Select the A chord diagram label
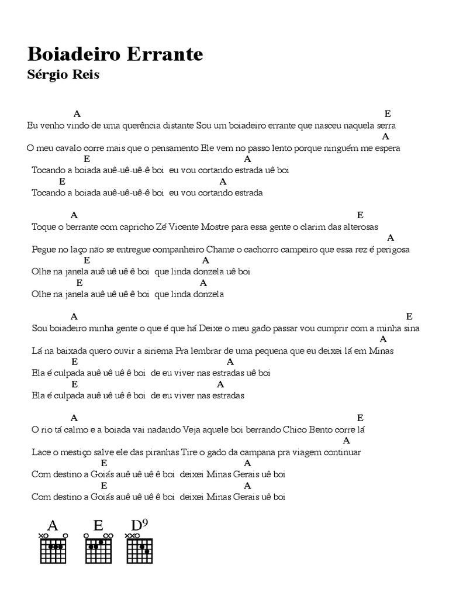(x=53, y=525)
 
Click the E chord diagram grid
(x=99, y=549)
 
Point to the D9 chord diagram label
(x=140, y=524)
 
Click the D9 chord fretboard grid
(x=140, y=549)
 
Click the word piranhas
(x=144, y=452)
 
